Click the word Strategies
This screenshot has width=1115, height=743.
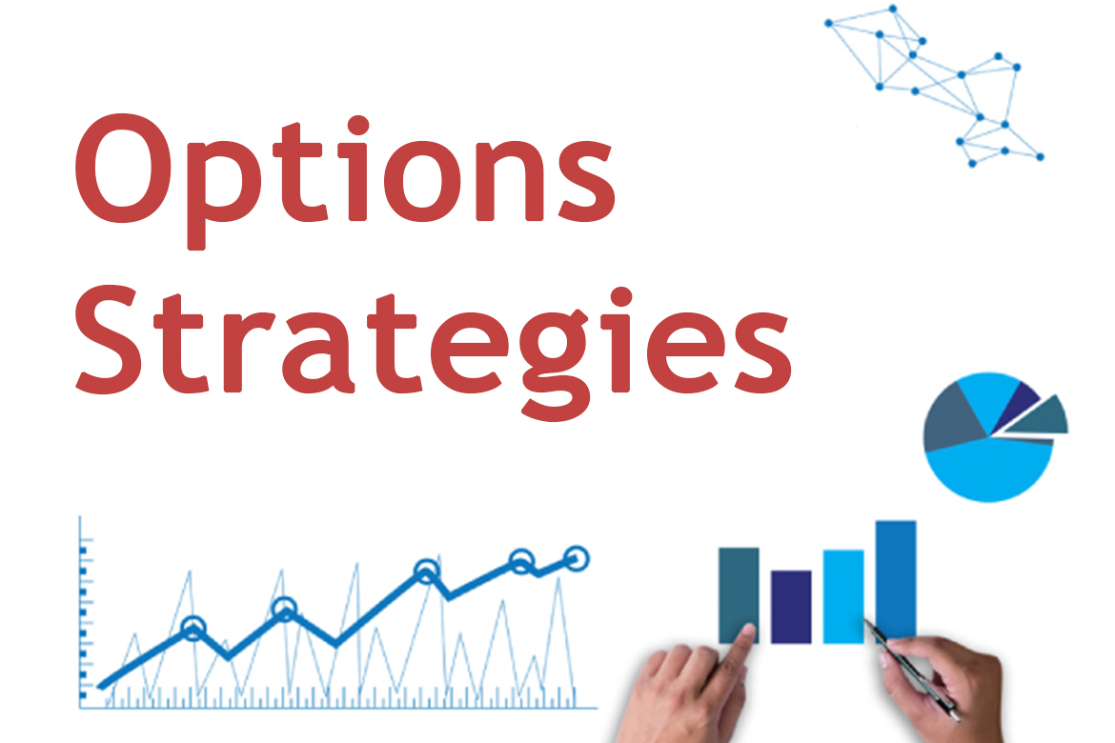click(x=433, y=349)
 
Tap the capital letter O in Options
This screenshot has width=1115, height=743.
click(x=125, y=169)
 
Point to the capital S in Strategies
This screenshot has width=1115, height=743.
click(x=108, y=339)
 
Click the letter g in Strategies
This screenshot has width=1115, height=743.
click(x=555, y=363)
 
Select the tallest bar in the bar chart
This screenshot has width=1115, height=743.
click(x=895, y=579)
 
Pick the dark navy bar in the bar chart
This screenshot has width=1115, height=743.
click(x=791, y=607)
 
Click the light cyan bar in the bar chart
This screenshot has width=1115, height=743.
click(x=843, y=596)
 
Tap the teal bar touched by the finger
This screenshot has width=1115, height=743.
click(x=739, y=593)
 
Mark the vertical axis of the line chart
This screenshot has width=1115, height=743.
click(x=80, y=612)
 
